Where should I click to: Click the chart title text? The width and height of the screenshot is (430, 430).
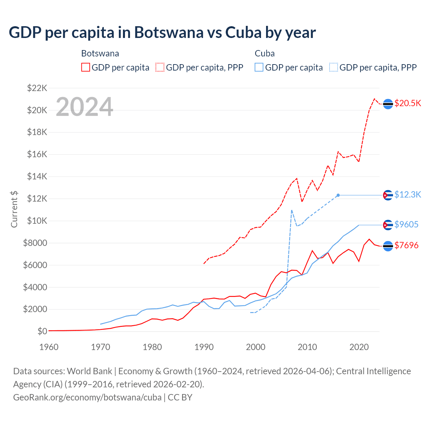[162, 33]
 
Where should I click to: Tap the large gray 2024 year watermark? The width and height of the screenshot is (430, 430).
[84, 107]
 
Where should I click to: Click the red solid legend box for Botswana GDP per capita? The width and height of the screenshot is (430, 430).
[86, 67]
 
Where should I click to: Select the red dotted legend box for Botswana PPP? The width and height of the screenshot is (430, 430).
[160, 67]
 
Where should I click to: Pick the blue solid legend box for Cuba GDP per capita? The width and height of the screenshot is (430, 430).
[259, 67]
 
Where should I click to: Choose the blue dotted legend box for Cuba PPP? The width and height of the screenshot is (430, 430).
[334, 67]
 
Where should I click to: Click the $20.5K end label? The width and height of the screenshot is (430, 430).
[407, 103]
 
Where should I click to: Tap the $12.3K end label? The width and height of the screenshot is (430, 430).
[407, 195]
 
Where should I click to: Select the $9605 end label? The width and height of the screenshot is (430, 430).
[406, 224]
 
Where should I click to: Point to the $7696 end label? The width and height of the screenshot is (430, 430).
[406, 245]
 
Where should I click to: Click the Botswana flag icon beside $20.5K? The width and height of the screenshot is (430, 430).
[388, 104]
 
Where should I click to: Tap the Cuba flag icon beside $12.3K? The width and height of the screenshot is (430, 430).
[388, 195]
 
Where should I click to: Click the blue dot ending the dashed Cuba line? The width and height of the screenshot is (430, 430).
[338, 195]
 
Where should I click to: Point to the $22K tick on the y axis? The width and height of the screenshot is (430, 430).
[37, 88]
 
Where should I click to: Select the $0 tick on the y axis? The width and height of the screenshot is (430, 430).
[42, 331]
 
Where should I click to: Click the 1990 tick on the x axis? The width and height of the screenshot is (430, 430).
[204, 347]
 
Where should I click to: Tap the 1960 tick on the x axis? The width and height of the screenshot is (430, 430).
[49, 347]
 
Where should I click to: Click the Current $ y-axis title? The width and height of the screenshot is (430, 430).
[14, 209]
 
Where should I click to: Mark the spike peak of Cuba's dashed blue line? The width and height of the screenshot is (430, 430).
[292, 210]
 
